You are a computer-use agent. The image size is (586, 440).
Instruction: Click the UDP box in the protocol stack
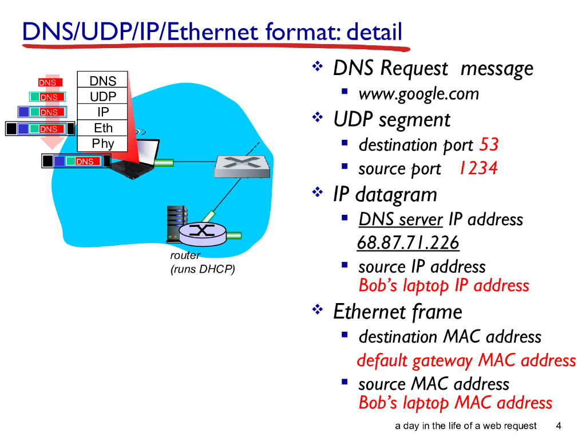[x=103, y=96]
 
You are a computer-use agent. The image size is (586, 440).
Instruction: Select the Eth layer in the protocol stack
[x=103, y=128]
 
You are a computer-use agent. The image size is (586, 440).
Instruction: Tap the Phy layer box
[x=103, y=143]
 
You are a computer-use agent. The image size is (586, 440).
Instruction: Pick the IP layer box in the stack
[x=103, y=112]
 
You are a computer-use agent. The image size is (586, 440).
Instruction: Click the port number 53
[x=489, y=145]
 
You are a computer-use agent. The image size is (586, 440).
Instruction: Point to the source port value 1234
[x=478, y=168]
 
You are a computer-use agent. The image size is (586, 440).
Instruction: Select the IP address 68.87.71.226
[x=408, y=243]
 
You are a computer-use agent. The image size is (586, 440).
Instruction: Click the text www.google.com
[x=418, y=94]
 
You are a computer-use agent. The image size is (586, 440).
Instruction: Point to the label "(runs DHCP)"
[x=203, y=269]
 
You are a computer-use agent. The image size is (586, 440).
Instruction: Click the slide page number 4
[x=559, y=426]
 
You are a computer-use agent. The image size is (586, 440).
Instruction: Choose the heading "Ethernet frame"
[x=397, y=312]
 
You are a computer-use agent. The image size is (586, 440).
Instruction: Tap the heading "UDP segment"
[x=391, y=120]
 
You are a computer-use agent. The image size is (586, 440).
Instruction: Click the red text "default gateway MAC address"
[x=466, y=361]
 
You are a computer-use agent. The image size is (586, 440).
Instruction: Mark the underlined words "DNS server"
[x=401, y=219]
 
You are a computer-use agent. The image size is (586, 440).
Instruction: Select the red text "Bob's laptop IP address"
[x=444, y=285]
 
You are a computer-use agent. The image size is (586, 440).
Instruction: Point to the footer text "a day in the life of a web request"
[x=466, y=426]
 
